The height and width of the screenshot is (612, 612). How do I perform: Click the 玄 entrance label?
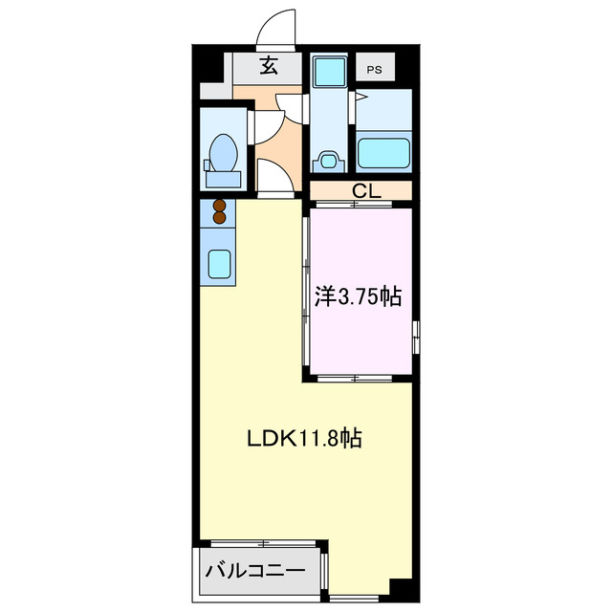tap(270, 67)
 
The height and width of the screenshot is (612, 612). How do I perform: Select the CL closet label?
tap(365, 190)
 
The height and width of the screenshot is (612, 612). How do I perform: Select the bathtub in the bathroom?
tap(382, 152)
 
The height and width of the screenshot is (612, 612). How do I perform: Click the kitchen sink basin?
tap(220, 263)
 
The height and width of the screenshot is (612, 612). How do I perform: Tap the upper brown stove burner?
tap(219, 205)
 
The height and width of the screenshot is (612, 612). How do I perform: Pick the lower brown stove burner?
tap(219, 219)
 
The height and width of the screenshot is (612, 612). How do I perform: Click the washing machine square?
tap(330, 71)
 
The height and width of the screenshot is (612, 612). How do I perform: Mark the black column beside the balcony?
tap(401, 589)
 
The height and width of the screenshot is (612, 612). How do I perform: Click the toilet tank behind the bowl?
tap(222, 178)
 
